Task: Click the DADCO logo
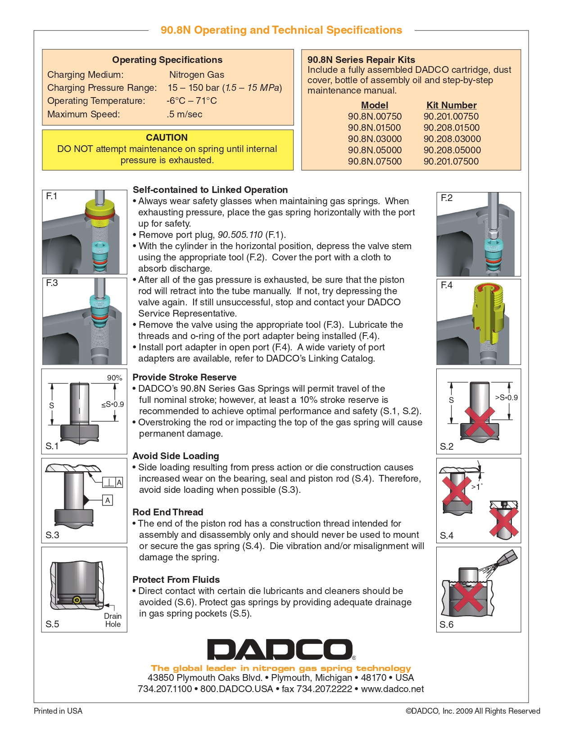pyautogui.click(x=280, y=649)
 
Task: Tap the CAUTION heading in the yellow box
pyautogui.click(x=167, y=138)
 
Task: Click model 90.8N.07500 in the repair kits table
pyautogui.click(x=375, y=161)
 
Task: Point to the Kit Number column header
pyautogui.click(x=451, y=105)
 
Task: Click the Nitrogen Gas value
pyautogui.click(x=196, y=75)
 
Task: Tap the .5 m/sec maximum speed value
pyautogui.click(x=185, y=114)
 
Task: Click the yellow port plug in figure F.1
pyautogui.click(x=100, y=212)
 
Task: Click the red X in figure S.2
pyautogui.click(x=479, y=421)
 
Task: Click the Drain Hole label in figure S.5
pyautogui.click(x=113, y=620)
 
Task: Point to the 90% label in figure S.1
pyautogui.click(x=114, y=378)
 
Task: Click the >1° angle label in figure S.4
pyautogui.click(x=476, y=487)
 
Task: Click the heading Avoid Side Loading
pyautogui.click(x=176, y=456)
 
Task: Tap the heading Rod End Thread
pyautogui.click(x=167, y=512)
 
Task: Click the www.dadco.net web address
pyautogui.click(x=392, y=689)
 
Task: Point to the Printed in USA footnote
pyautogui.click(x=58, y=711)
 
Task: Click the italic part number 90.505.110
pyautogui.click(x=240, y=235)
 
